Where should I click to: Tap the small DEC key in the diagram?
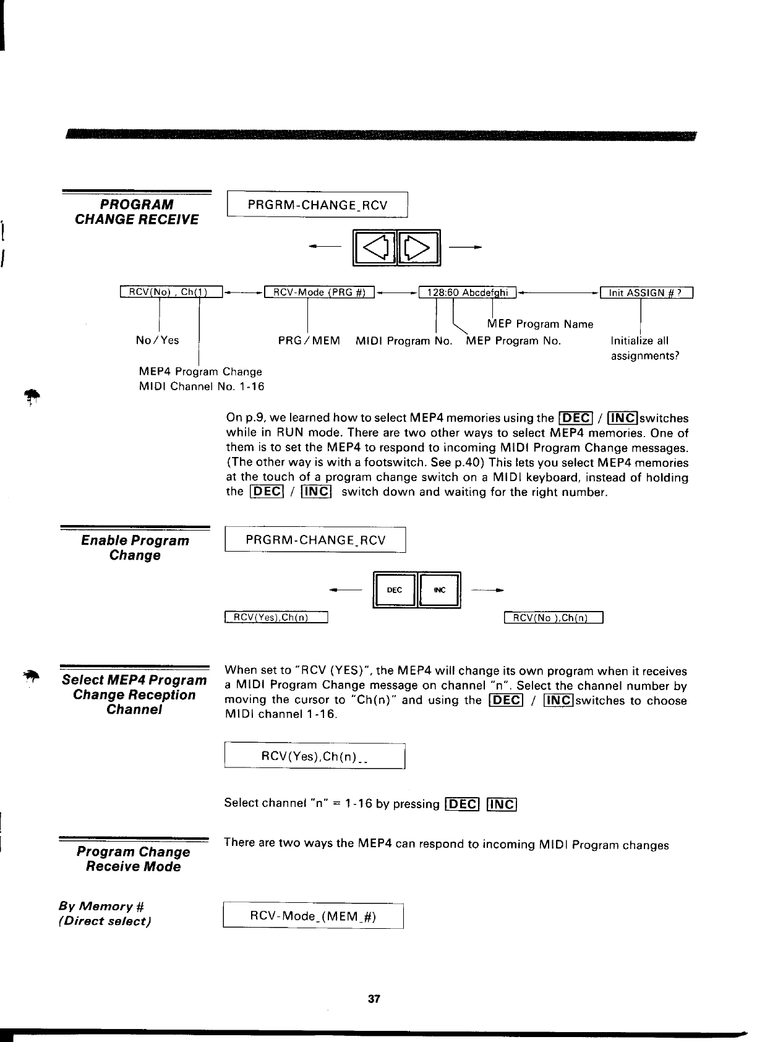click(x=395, y=590)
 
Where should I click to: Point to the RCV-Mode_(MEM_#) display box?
click(x=313, y=916)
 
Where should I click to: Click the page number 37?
click(x=374, y=998)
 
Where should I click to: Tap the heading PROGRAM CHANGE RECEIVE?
click(x=137, y=212)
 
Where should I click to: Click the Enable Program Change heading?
click(x=135, y=548)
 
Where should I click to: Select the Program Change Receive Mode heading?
click(x=133, y=859)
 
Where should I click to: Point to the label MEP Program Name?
click(x=540, y=324)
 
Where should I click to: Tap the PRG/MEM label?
click(x=309, y=340)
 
